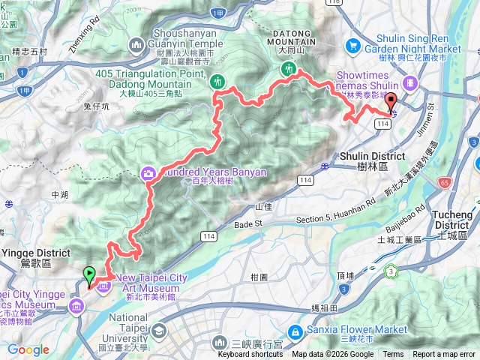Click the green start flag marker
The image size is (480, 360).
90,275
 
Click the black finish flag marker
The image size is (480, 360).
391,103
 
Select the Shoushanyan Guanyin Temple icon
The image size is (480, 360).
136,46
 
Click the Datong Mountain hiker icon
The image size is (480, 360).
286,70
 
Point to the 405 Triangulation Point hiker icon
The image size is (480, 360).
217,81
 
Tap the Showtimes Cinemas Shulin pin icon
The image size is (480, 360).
409,82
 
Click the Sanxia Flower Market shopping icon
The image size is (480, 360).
296,330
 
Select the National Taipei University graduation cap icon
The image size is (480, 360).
158,331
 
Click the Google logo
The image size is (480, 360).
28,350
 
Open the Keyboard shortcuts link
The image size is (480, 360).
250,355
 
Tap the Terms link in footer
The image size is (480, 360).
393,355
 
